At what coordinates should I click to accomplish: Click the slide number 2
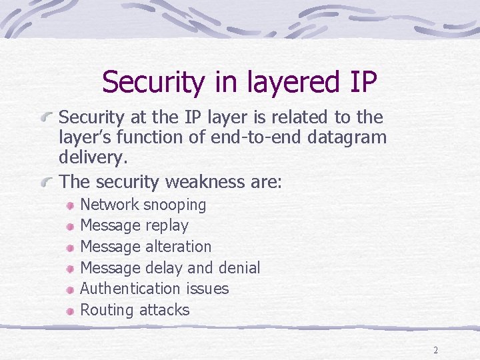(x=435, y=350)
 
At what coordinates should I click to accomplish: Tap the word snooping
(x=175, y=205)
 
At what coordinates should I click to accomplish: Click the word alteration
(x=179, y=247)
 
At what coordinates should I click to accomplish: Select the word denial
(x=239, y=267)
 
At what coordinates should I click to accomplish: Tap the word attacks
(x=164, y=310)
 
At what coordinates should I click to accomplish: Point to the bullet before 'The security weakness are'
(x=48, y=182)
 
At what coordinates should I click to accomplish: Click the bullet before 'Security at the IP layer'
(x=48, y=118)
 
